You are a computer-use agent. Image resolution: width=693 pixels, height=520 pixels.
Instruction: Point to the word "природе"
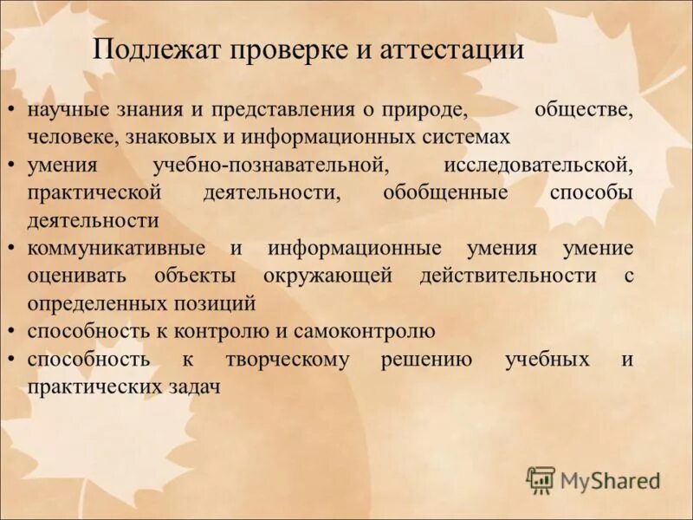429,110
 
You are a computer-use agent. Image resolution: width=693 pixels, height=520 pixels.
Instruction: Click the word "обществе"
584,110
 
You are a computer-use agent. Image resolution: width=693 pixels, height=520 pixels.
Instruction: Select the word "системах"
463,137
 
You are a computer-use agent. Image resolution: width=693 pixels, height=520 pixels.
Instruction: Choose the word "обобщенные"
445,192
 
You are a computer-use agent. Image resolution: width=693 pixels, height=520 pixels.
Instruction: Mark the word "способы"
591,192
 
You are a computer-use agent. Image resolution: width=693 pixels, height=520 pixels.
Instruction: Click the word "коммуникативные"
116,248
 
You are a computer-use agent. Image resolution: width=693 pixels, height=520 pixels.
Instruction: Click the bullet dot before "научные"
10,111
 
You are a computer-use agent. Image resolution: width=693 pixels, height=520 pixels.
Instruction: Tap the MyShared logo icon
541,480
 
